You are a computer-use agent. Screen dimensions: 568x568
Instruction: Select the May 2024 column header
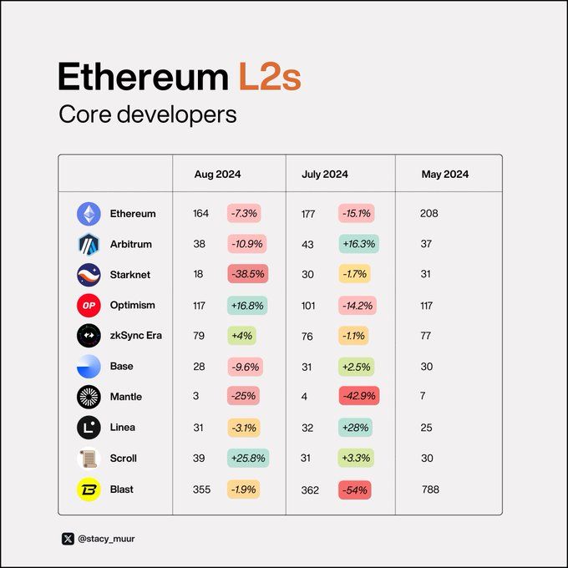pos(444,175)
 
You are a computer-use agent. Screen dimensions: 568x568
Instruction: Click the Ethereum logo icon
pos(89,214)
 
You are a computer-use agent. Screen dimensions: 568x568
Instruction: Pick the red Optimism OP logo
pos(89,306)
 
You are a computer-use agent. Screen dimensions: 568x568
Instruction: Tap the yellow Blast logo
pos(89,489)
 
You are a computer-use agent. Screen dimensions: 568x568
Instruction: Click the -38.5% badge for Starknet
pos(248,275)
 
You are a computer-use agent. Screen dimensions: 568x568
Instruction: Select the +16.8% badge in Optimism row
pos(247,306)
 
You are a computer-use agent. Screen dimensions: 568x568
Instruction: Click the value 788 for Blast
pos(430,489)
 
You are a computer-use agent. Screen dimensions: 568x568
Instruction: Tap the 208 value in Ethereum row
pos(429,214)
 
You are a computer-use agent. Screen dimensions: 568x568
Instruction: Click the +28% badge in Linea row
pos(355,428)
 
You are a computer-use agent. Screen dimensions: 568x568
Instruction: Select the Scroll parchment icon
pos(89,459)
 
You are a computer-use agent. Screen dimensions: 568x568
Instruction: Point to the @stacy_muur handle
pos(106,539)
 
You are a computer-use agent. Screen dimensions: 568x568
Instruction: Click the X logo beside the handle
pos(68,539)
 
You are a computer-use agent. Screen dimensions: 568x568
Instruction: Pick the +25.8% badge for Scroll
pos(247,459)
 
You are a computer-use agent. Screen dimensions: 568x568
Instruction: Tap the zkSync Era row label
pos(136,336)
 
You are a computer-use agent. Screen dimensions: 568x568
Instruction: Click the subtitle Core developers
pos(147,115)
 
